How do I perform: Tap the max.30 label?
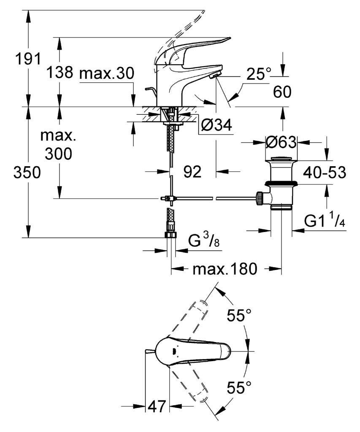107,73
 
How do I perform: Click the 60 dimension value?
282,92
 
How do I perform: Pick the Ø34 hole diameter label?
217,125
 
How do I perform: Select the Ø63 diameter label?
281,143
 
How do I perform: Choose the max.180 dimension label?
225,269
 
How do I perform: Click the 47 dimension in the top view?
156,407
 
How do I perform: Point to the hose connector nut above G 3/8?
170,234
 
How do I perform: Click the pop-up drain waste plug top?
281,159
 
